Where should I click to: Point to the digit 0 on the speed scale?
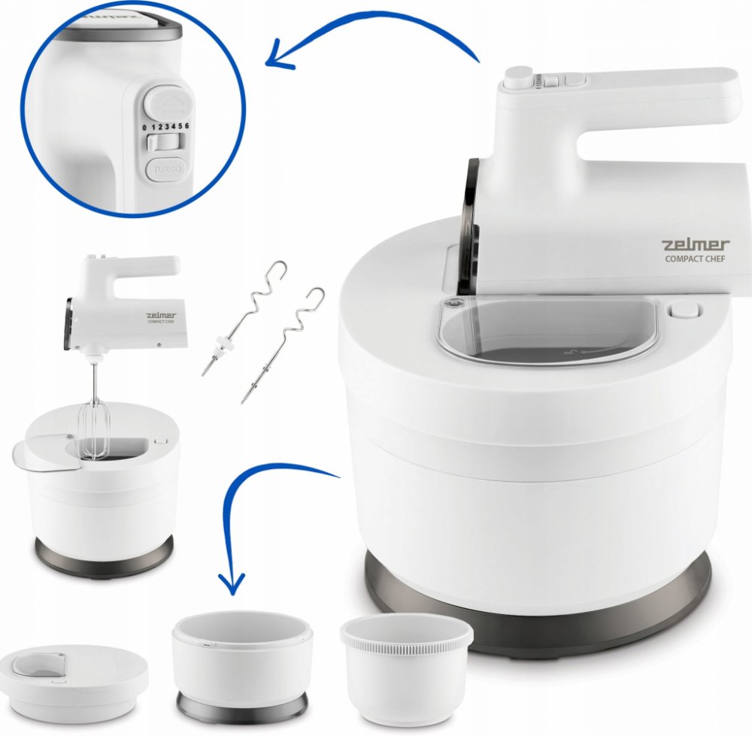pyautogui.click(x=145, y=129)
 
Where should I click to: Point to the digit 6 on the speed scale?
pyautogui.click(x=186, y=126)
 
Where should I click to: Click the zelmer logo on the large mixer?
pyautogui.click(x=696, y=245)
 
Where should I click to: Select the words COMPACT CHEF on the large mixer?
pyautogui.click(x=695, y=259)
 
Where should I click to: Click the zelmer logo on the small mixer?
pyautogui.click(x=161, y=316)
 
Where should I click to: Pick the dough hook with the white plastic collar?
pyautogui.click(x=244, y=319)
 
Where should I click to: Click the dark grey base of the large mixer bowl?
pyautogui.click(x=537, y=604)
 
